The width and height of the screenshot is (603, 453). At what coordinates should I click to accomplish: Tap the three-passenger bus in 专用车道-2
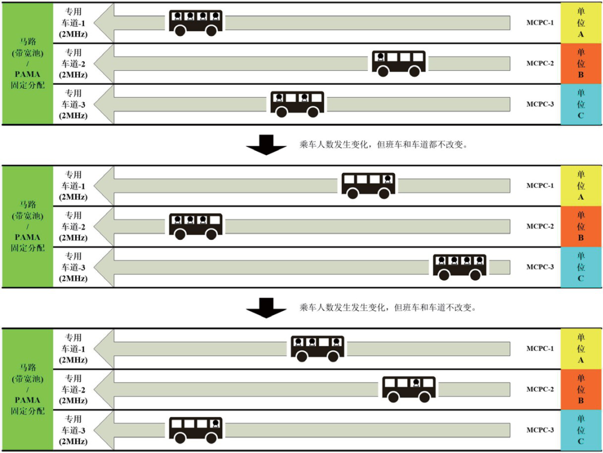(195, 226)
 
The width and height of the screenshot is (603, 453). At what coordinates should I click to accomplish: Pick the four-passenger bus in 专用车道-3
(460, 267)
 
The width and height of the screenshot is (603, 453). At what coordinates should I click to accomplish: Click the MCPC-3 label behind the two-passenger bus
(540, 104)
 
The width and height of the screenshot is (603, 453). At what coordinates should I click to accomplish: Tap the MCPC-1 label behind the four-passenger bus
(540, 22)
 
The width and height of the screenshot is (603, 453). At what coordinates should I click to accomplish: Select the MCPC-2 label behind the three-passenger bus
(540, 226)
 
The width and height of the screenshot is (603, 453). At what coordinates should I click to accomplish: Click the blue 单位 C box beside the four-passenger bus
(581, 267)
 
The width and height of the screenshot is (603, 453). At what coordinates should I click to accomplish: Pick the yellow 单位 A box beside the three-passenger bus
(581, 349)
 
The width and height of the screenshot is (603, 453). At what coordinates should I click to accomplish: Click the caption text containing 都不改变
(383, 144)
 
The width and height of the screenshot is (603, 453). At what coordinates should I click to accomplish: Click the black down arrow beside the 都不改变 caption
(266, 145)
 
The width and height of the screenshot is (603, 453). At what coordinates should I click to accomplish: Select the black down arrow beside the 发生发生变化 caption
(266, 308)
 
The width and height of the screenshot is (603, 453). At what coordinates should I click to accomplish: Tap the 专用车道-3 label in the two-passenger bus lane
(73, 104)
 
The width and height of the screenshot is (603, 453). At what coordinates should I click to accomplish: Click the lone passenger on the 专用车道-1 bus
(387, 179)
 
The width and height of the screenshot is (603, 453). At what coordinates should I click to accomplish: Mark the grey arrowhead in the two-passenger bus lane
(104, 104)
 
